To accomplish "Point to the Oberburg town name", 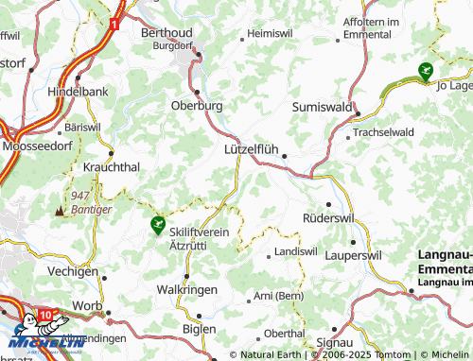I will click(197, 106).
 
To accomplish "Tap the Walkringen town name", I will click(187, 289).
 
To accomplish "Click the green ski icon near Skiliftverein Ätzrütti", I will click(157, 224).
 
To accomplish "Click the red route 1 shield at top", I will click(114, 21).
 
